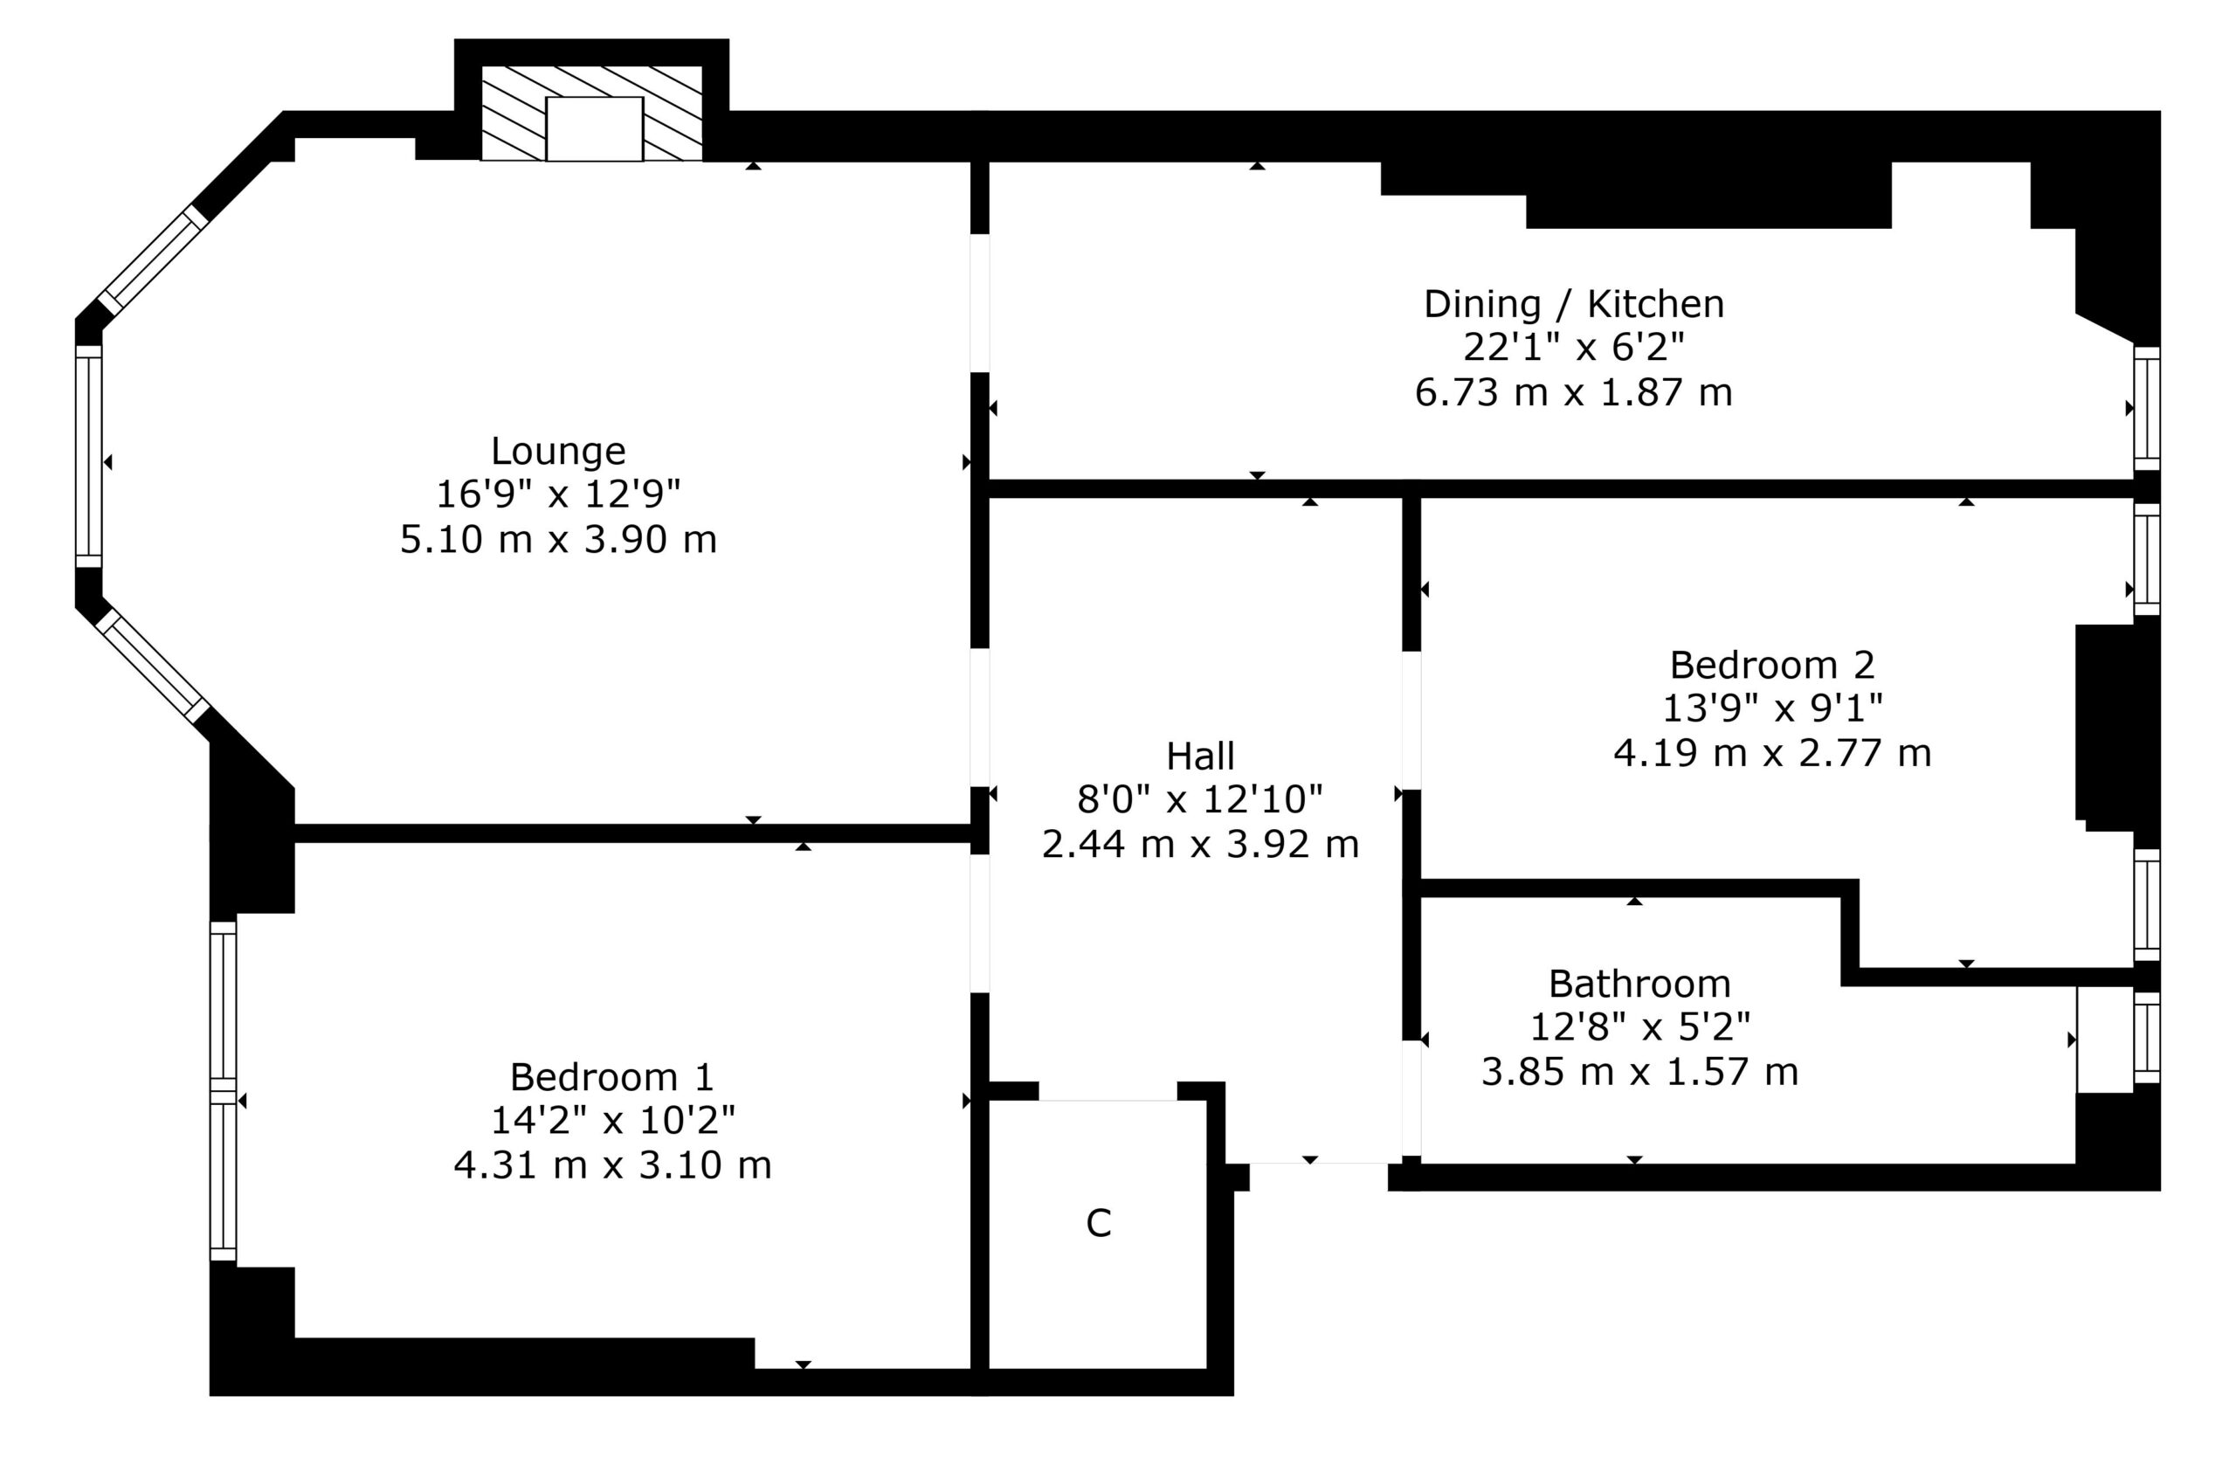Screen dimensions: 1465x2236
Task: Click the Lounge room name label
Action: click(558, 452)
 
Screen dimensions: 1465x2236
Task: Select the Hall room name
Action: click(1200, 757)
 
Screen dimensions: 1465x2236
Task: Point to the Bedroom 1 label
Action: click(611, 1077)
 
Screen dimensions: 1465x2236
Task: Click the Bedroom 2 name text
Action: click(1772, 666)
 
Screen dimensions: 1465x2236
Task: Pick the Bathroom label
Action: click(1639, 985)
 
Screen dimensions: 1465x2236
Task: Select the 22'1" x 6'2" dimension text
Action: click(1574, 349)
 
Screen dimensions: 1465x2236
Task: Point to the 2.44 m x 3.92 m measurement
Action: click(1200, 845)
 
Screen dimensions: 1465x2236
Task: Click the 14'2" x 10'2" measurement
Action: click(611, 1121)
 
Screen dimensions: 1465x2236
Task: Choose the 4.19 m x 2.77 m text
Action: click(1772, 754)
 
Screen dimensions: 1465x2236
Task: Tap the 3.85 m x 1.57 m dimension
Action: click(1639, 1072)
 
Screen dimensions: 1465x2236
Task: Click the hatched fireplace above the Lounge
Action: click(592, 114)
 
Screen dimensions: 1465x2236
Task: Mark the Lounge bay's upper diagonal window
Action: click(152, 259)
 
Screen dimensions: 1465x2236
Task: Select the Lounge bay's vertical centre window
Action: click(88, 457)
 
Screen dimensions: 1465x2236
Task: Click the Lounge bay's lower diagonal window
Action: click(152, 666)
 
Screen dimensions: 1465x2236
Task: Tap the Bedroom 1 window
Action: click(223, 1091)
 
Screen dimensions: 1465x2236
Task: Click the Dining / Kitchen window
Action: click(2147, 408)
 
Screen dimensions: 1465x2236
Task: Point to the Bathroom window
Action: click(2147, 1039)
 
